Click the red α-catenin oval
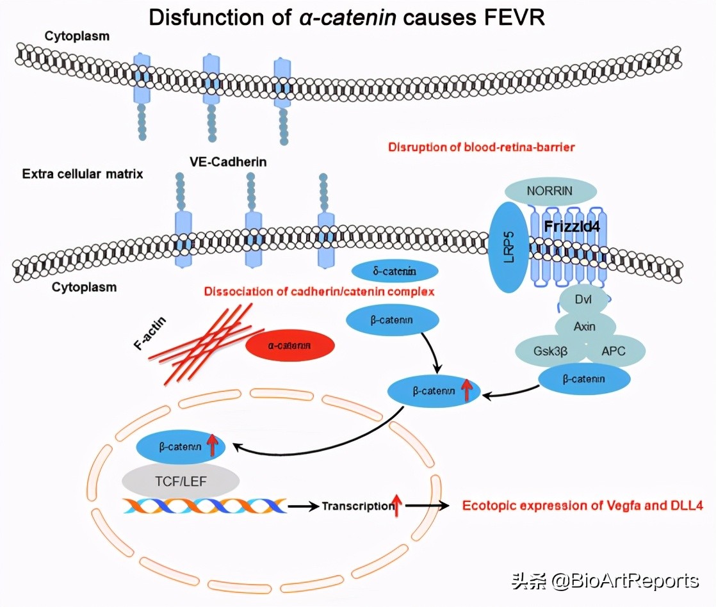(x=290, y=346)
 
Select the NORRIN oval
(x=550, y=191)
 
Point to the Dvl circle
(x=583, y=299)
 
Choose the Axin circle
(x=584, y=327)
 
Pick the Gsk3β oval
(x=551, y=351)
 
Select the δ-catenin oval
(x=394, y=271)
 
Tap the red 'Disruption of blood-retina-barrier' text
(x=481, y=147)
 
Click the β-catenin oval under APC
(x=583, y=379)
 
